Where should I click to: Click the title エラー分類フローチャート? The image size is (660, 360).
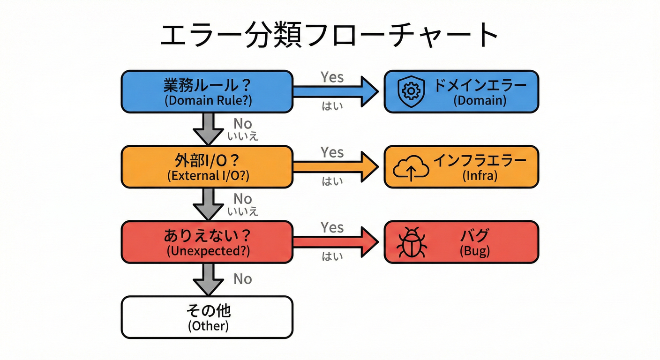[x=330, y=36]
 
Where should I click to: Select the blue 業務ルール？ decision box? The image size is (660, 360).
[x=207, y=91]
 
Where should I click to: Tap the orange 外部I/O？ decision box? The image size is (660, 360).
[x=207, y=167]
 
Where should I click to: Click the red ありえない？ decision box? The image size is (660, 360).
[x=207, y=242]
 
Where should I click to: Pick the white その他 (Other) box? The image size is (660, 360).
[x=207, y=317]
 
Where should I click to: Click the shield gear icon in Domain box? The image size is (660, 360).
[x=411, y=91]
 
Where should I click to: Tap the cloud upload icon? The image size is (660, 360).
[x=411, y=168]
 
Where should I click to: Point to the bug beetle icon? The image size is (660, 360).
[x=411, y=243]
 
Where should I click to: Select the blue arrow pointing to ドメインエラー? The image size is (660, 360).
[x=336, y=91]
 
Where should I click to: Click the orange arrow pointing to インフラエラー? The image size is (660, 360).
[x=336, y=167]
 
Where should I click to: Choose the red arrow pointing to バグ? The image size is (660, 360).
[x=336, y=242]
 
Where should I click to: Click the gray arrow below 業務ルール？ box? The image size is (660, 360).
[x=209, y=128]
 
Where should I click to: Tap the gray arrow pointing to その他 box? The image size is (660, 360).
[x=209, y=279]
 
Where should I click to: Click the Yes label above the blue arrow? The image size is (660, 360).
[x=332, y=77]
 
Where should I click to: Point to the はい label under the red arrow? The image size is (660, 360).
[x=332, y=256]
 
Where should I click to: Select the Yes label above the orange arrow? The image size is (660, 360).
[x=332, y=152]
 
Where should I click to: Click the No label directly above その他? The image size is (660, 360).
[x=243, y=279]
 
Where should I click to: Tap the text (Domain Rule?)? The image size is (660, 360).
[x=207, y=101]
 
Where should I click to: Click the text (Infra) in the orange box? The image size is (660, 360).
[x=479, y=176]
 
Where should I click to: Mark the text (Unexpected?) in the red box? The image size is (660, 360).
[x=207, y=251]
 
